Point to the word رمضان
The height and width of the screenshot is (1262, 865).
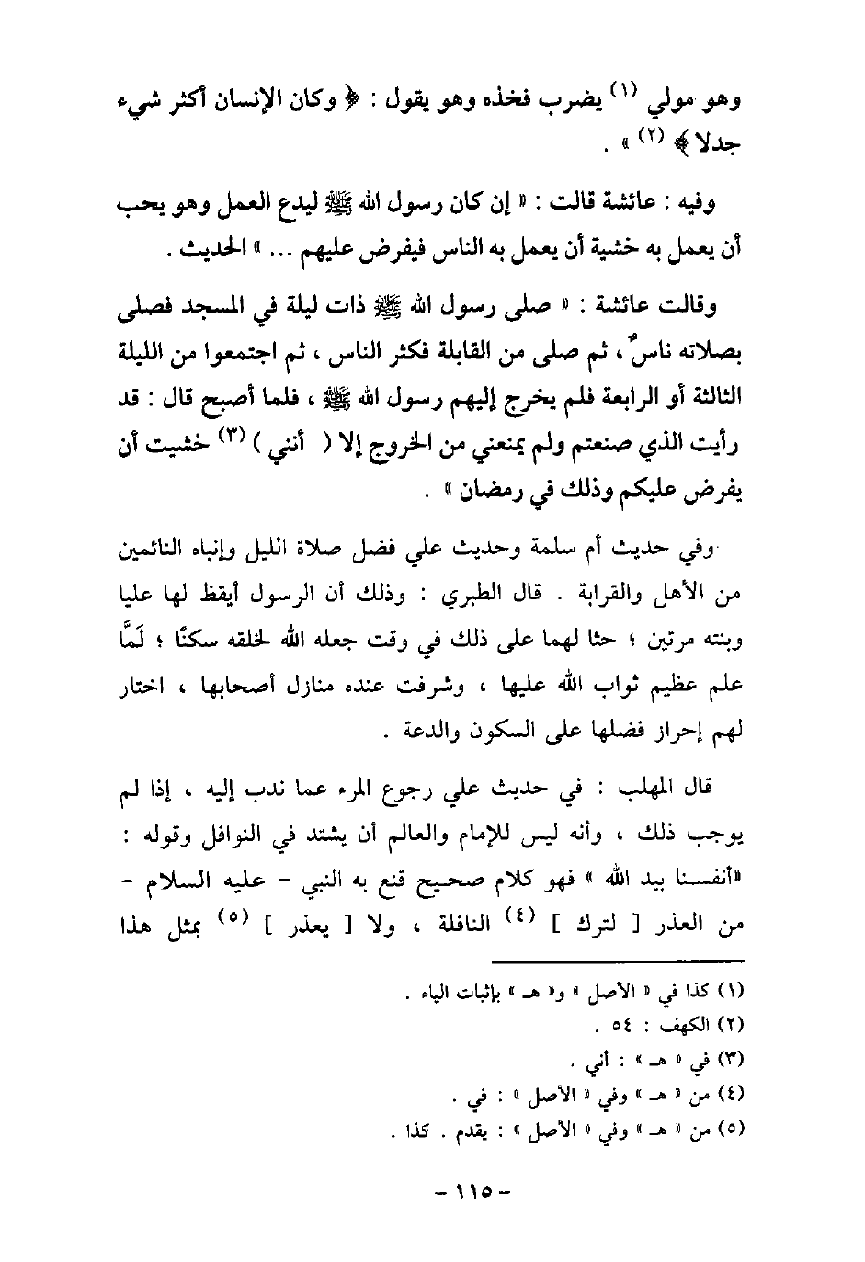click(476, 492)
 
